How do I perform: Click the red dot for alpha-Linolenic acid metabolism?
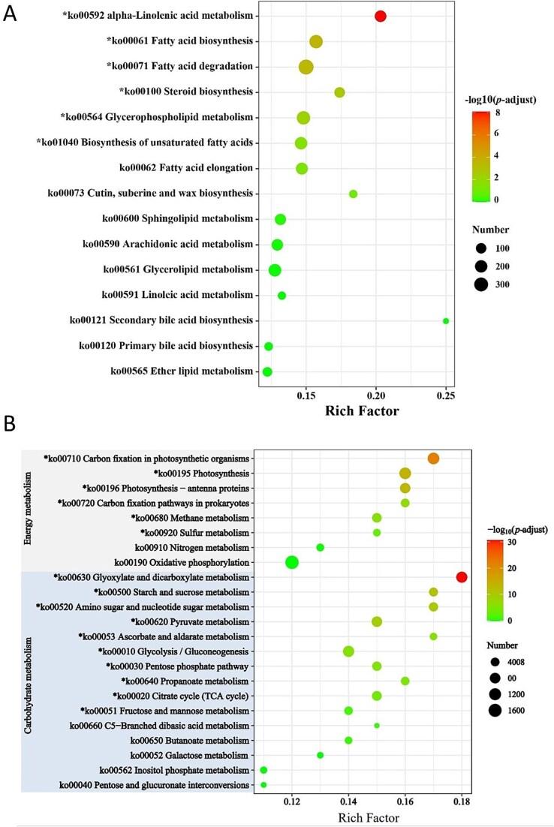[x=381, y=17]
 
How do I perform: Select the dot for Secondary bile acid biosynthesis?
[x=446, y=321]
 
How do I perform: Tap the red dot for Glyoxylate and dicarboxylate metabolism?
[x=462, y=577]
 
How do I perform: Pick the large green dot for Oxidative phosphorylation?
[x=292, y=562]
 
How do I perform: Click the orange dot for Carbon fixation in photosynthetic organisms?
[x=433, y=459]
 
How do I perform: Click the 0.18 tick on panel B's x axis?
[x=462, y=801]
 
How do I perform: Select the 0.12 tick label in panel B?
[x=292, y=801]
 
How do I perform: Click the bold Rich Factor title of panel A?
[x=361, y=411]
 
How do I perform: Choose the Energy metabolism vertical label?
[x=29, y=510]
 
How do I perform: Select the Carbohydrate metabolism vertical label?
[x=29, y=681]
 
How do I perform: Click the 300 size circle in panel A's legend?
[x=481, y=284]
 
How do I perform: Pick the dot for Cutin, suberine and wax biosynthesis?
[x=353, y=194]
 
